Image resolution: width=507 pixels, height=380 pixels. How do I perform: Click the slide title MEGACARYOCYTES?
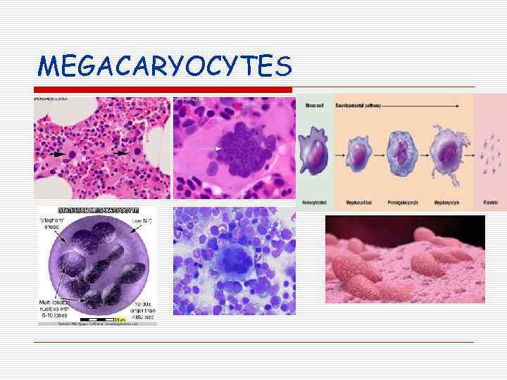[x=164, y=66]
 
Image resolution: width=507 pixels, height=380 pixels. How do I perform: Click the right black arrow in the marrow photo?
[x=120, y=151]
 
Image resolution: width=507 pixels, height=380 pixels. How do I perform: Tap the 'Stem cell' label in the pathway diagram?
[x=315, y=106]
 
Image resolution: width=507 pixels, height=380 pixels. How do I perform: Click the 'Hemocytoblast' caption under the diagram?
[x=315, y=202]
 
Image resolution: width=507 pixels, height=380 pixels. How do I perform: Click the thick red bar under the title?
[x=163, y=90]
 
